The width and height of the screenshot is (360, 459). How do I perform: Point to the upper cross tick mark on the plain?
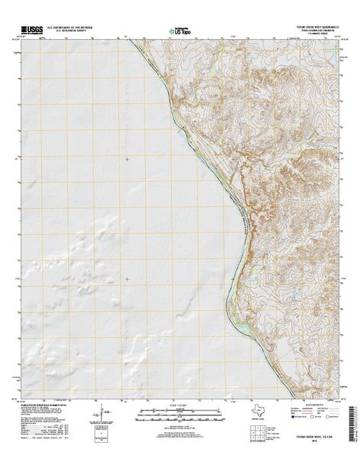pos(127,159)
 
